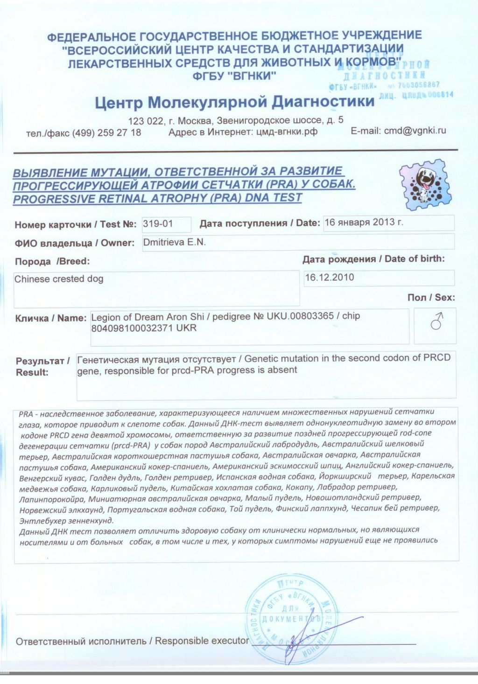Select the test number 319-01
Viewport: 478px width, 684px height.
[x=158, y=223]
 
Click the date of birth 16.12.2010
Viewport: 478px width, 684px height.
[x=330, y=277]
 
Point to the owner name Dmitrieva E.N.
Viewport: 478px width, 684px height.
[x=174, y=242]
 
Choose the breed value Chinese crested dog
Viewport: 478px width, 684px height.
[x=59, y=279]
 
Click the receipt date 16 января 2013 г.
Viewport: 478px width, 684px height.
[x=364, y=222]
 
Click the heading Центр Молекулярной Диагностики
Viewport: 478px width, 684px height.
[x=234, y=101]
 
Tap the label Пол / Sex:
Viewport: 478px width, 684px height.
[x=431, y=297]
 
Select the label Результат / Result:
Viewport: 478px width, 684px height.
[x=42, y=366]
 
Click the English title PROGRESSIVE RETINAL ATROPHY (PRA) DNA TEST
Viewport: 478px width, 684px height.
[x=157, y=198]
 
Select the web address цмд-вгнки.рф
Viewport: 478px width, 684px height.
[x=287, y=132]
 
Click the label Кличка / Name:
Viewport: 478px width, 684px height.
[x=51, y=318]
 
